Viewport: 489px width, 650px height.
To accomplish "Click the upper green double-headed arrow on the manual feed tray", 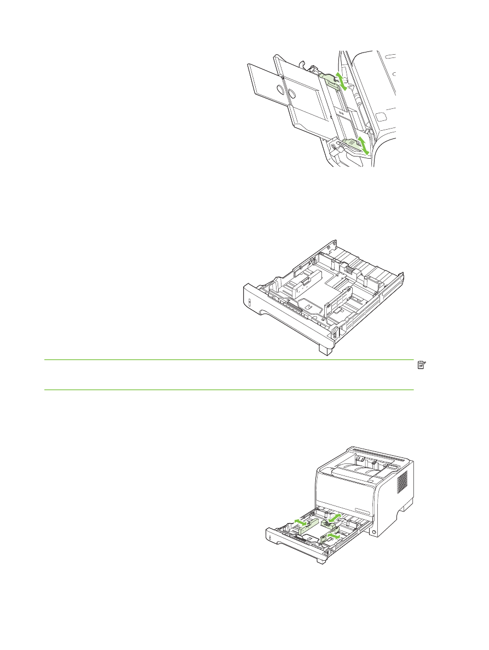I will click(x=341, y=80).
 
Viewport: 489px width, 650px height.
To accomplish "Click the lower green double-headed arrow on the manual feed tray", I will click(x=361, y=146).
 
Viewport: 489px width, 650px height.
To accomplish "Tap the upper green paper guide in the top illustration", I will click(x=330, y=81).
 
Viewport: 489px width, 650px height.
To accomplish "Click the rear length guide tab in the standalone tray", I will click(x=348, y=268).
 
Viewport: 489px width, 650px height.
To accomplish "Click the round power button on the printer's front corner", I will click(x=374, y=531).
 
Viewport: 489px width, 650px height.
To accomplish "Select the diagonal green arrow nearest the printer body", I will click(x=334, y=517).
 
